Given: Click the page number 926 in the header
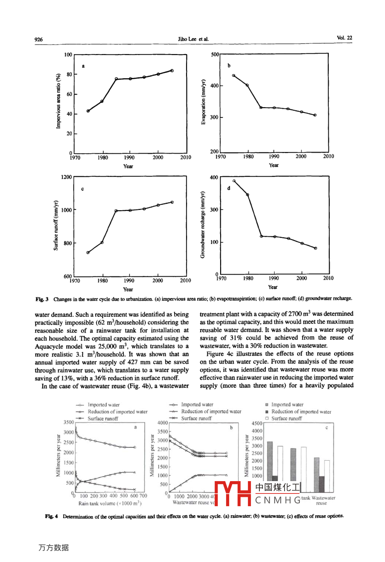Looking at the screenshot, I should (x=39, y=40).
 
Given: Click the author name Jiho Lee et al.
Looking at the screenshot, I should (x=193, y=39).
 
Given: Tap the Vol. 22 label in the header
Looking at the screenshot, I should (x=345, y=38).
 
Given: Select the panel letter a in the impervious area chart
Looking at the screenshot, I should (x=83, y=66).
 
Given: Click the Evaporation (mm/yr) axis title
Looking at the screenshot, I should (x=204, y=102).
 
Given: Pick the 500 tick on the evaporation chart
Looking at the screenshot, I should (x=215, y=54).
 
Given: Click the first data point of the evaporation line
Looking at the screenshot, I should (x=233, y=75).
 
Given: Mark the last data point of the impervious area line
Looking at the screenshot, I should (x=172, y=70).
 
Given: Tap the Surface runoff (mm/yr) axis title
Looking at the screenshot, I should (x=56, y=226).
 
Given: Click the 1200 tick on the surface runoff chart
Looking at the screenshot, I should (x=66, y=177).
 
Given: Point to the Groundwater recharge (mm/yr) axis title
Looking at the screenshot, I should (x=203, y=224).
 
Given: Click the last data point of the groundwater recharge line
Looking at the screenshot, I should (x=316, y=248).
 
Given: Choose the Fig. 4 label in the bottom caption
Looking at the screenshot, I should (x=51, y=516).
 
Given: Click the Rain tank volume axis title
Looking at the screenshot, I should (x=110, y=503).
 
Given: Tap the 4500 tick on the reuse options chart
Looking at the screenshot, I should (x=257, y=424).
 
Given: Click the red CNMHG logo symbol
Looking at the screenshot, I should (x=233, y=493).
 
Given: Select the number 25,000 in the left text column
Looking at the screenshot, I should (x=109, y=346).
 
